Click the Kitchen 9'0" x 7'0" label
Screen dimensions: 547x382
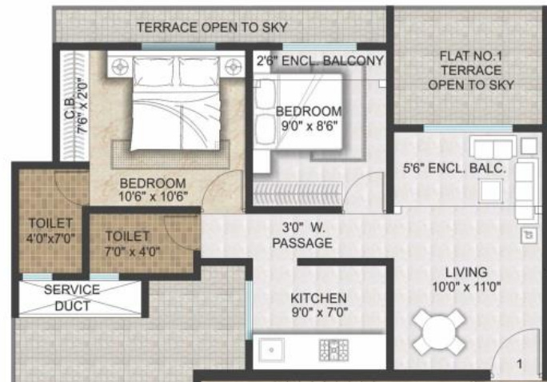point(320,305)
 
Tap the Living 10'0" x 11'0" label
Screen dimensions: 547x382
point(466,280)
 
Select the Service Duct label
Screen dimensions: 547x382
point(72,298)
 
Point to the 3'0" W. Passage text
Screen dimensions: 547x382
point(302,236)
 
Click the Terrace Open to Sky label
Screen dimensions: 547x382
point(212,27)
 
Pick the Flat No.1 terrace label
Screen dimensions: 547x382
point(471,70)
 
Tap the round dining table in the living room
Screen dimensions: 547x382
point(439,332)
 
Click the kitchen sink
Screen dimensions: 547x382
point(271,350)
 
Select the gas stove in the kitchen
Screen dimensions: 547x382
point(333,350)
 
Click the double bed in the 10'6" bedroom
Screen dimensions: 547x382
point(176,105)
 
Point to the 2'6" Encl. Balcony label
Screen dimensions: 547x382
point(320,61)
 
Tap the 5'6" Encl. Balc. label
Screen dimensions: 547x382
point(454,169)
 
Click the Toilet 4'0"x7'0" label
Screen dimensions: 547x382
point(50,231)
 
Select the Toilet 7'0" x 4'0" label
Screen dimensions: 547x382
point(132,244)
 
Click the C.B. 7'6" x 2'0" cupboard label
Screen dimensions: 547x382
point(76,107)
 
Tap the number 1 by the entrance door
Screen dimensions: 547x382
point(520,364)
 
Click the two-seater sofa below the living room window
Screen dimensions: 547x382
point(493,147)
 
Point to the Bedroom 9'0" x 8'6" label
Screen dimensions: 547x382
point(309,118)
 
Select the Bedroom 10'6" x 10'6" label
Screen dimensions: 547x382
point(153,190)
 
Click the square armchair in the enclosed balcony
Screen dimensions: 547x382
point(490,190)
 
